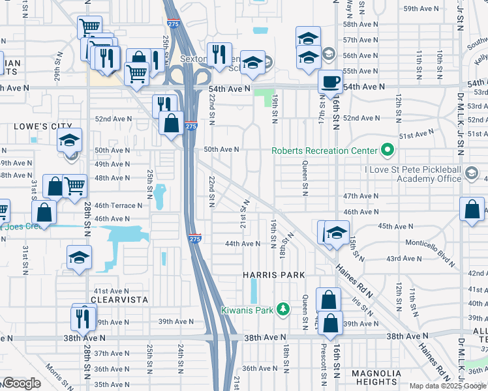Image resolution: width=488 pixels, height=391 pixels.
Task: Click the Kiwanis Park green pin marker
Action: click(x=282, y=308)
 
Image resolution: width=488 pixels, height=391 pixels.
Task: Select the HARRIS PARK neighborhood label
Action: click(x=274, y=276)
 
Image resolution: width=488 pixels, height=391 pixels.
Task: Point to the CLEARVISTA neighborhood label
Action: click(x=119, y=300)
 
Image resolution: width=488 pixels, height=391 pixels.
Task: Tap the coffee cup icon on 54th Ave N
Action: click(x=330, y=83)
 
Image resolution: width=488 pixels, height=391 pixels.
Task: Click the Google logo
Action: click(x=22, y=383)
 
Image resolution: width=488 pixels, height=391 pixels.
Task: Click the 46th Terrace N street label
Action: click(x=119, y=205)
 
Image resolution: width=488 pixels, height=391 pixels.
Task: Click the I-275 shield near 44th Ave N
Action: click(x=194, y=240)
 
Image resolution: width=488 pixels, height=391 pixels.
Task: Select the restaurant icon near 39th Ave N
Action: click(x=83, y=317)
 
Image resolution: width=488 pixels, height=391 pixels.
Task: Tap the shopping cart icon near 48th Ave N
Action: click(x=74, y=186)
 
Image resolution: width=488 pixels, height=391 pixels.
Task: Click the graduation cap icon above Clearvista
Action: click(x=79, y=257)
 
